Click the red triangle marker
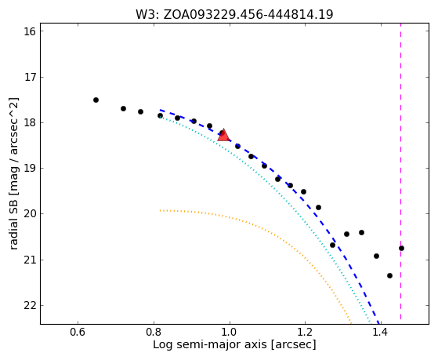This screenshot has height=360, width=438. click(x=223, y=135)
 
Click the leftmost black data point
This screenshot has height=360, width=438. click(x=96, y=100)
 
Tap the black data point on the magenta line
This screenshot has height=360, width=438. click(x=401, y=248)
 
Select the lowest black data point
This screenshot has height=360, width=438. click(x=389, y=275)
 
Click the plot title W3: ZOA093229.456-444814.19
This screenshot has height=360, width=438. click(x=234, y=15)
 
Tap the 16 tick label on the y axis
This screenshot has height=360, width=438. click(x=30, y=31)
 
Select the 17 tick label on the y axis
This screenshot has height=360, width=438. click(x=30, y=77)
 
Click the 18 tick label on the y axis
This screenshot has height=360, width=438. click(x=30, y=122)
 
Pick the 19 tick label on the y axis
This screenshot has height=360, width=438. click(x=30, y=168)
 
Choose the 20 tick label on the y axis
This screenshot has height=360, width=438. click(x=30, y=214)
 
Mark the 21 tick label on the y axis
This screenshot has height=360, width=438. click(x=30, y=260)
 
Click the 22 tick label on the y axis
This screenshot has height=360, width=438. click(x=30, y=305)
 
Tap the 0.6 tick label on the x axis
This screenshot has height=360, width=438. click(x=78, y=332)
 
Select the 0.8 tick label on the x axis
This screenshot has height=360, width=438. click(x=154, y=332)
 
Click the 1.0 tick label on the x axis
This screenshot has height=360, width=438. click(x=230, y=332)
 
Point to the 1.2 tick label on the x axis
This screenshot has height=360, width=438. click(x=306, y=332)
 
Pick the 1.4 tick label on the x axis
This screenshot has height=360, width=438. click(x=382, y=332)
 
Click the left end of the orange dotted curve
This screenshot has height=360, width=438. click(x=160, y=210)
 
